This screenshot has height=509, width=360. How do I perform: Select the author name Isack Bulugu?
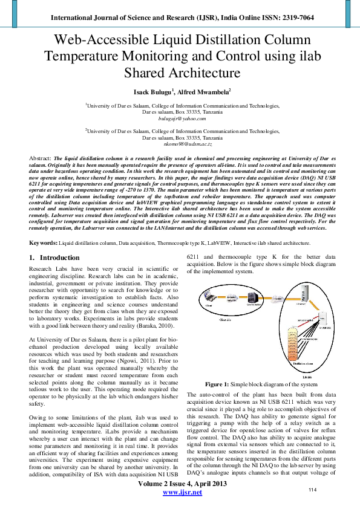pyautogui.click(x=154, y=91)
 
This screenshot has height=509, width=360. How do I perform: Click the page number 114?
pyautogui.click(x=313, y=489)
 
